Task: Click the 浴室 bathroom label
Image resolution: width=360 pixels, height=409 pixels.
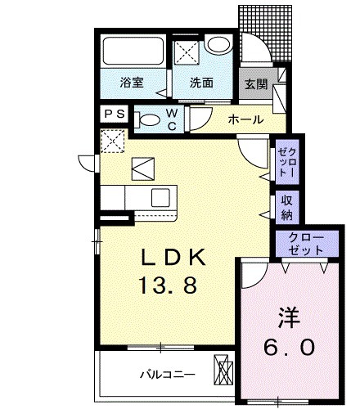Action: pos(131,83)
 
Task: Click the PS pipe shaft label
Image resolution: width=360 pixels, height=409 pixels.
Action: pos(115,115)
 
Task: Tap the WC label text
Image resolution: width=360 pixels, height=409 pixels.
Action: pos(173,119)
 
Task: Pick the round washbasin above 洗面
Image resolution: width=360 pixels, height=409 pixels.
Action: pos(218,46)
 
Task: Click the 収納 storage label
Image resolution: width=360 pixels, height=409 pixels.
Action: pos(287,207)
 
